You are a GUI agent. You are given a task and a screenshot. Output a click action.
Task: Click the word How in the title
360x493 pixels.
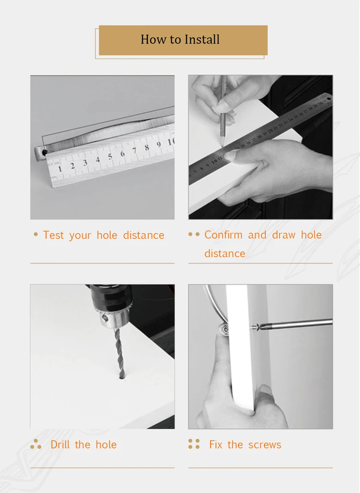[x=150, y=39]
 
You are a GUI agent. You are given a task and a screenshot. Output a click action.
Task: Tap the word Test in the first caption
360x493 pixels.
[x=53, y=235]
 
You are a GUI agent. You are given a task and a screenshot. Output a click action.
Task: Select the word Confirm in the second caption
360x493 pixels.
[x=223, y=235]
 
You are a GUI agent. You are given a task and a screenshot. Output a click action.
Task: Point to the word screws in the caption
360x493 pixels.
[x=264, y=445]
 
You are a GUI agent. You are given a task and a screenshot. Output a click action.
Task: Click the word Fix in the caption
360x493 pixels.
[x=216, y=445]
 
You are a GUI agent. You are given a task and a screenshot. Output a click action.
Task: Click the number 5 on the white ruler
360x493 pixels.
[x=110, y=157]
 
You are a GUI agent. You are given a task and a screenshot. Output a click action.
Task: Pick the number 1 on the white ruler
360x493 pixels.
[x=60, y=168]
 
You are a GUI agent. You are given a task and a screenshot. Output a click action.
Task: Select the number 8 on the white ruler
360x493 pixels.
[x=147, y=147]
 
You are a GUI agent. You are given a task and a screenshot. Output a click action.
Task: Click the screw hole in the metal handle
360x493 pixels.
[x=45, y=153]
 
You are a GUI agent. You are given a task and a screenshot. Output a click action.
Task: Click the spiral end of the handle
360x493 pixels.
[x=223, y=329]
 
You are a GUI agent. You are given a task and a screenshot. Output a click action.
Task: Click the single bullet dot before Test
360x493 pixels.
[x=36, y=235]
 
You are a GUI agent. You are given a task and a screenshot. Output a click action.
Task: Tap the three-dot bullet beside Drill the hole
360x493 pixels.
[x=36, y=445]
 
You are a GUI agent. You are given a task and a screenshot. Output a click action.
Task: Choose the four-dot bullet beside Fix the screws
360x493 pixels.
[x=194, y=444]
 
